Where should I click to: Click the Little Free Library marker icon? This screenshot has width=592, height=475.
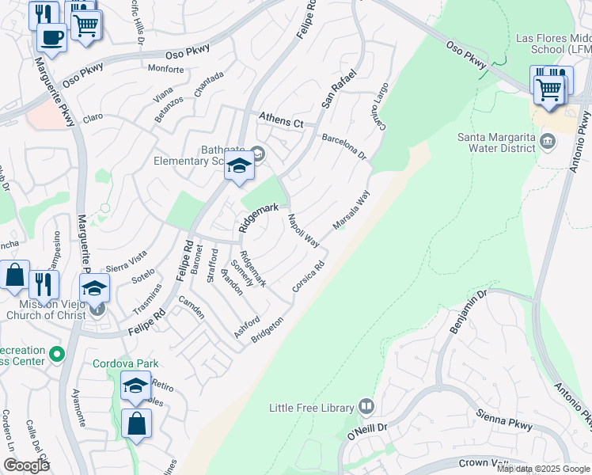point(366,407)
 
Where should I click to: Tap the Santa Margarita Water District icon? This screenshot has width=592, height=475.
point(548,142)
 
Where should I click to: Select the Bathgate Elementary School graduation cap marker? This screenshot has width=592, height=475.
point(238,165)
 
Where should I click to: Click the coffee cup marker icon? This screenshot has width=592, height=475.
point(51,38)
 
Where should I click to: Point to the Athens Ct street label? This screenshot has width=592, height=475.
point(281,123)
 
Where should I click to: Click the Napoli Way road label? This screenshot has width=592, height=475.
point(302,230)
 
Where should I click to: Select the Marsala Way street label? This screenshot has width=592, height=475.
point(351,210)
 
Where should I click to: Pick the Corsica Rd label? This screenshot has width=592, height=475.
point(309,277)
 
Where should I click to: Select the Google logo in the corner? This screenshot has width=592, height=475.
point(26,465)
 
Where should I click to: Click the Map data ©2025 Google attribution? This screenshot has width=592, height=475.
point(544,469)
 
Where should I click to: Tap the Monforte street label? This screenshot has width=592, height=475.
point(165,70)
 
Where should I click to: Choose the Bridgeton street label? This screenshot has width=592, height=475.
point(267,329)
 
